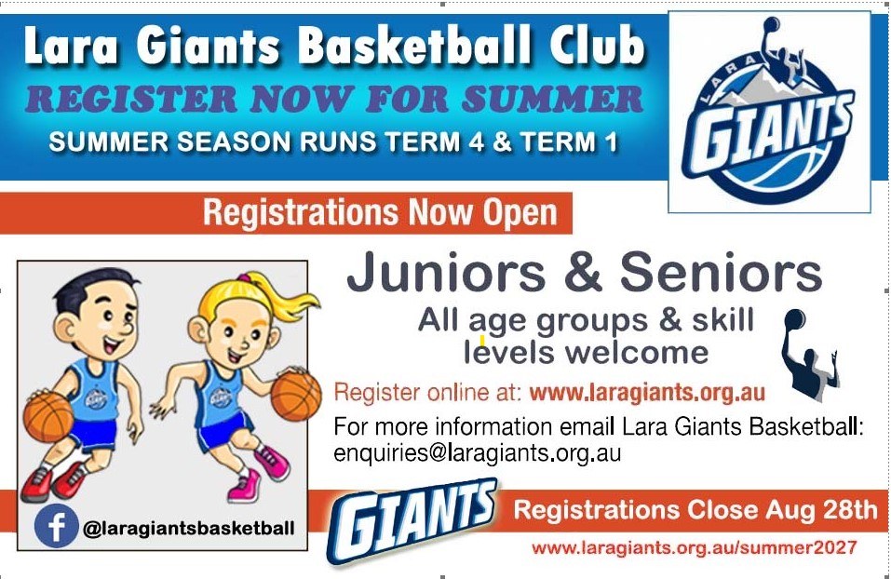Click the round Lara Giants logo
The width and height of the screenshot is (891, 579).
(769, 111)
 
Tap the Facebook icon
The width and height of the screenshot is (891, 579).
(56, 526)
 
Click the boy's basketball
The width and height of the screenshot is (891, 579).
(47, 418)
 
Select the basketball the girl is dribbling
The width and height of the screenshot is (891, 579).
(295, 396)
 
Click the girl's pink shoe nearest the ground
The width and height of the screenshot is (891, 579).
(245, 488)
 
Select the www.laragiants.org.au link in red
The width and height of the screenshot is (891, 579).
(647, 393)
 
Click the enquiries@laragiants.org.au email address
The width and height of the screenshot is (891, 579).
(477, 452)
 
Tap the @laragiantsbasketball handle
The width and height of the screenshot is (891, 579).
(189, 529)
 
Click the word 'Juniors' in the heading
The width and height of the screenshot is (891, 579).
(446, 272)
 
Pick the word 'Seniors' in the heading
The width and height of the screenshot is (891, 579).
(721, 272)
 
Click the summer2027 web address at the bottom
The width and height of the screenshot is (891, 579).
(694, 548)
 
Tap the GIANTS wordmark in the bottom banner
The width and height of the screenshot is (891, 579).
(412, 521)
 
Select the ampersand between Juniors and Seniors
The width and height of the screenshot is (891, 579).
(583, 272)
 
